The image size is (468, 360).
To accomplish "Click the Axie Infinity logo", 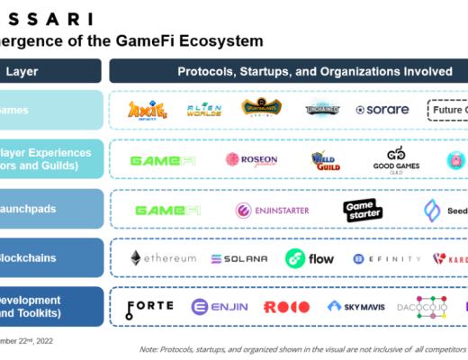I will tap(148, 110).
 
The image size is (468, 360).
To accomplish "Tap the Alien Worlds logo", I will tap(203, 110).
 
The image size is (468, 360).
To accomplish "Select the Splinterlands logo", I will tap(261, 109).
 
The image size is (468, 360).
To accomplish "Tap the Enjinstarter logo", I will tap(272, 210).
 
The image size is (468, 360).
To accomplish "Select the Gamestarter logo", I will tap(364, 210).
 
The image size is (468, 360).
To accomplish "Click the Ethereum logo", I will tap(163, 258).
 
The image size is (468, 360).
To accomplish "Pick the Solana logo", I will tap(238, 258).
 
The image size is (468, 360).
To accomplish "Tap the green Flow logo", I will tap(309, 258).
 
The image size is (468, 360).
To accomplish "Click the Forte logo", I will tap(149, 307).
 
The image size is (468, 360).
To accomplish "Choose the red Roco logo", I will tap(286, 307).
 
